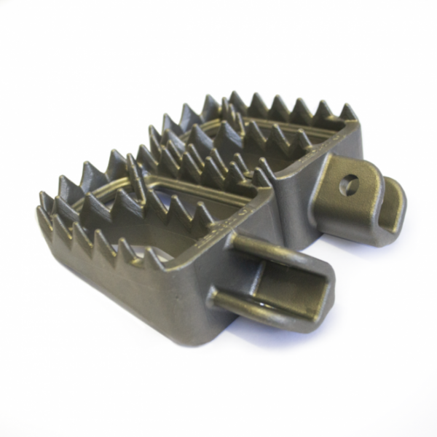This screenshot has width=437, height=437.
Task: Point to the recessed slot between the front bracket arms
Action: click(284, 280)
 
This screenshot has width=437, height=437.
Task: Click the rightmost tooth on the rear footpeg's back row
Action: click(348, 111)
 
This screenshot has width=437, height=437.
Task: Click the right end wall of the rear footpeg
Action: click(353, 146)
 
